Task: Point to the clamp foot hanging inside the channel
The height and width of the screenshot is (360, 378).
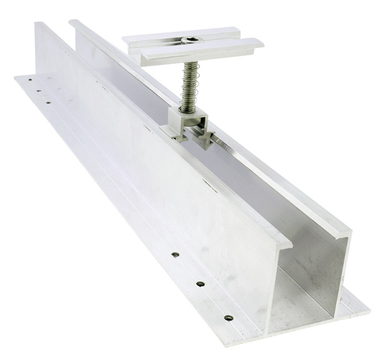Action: pyautogui.click(x=206, y=138)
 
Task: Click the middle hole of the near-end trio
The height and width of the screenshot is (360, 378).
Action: pyautogui.click(x=200, y=284)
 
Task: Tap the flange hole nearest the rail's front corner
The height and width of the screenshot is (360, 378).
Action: pyautogui.click(x=228, y=318)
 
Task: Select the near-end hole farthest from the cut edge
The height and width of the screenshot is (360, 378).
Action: pyautogui.click(x=175, y=255)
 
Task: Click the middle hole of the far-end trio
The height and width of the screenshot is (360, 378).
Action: pyautogui.click(x=38, y=90)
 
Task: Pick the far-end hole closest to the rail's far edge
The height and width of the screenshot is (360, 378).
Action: pyautogui.click(x=27, y=79)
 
